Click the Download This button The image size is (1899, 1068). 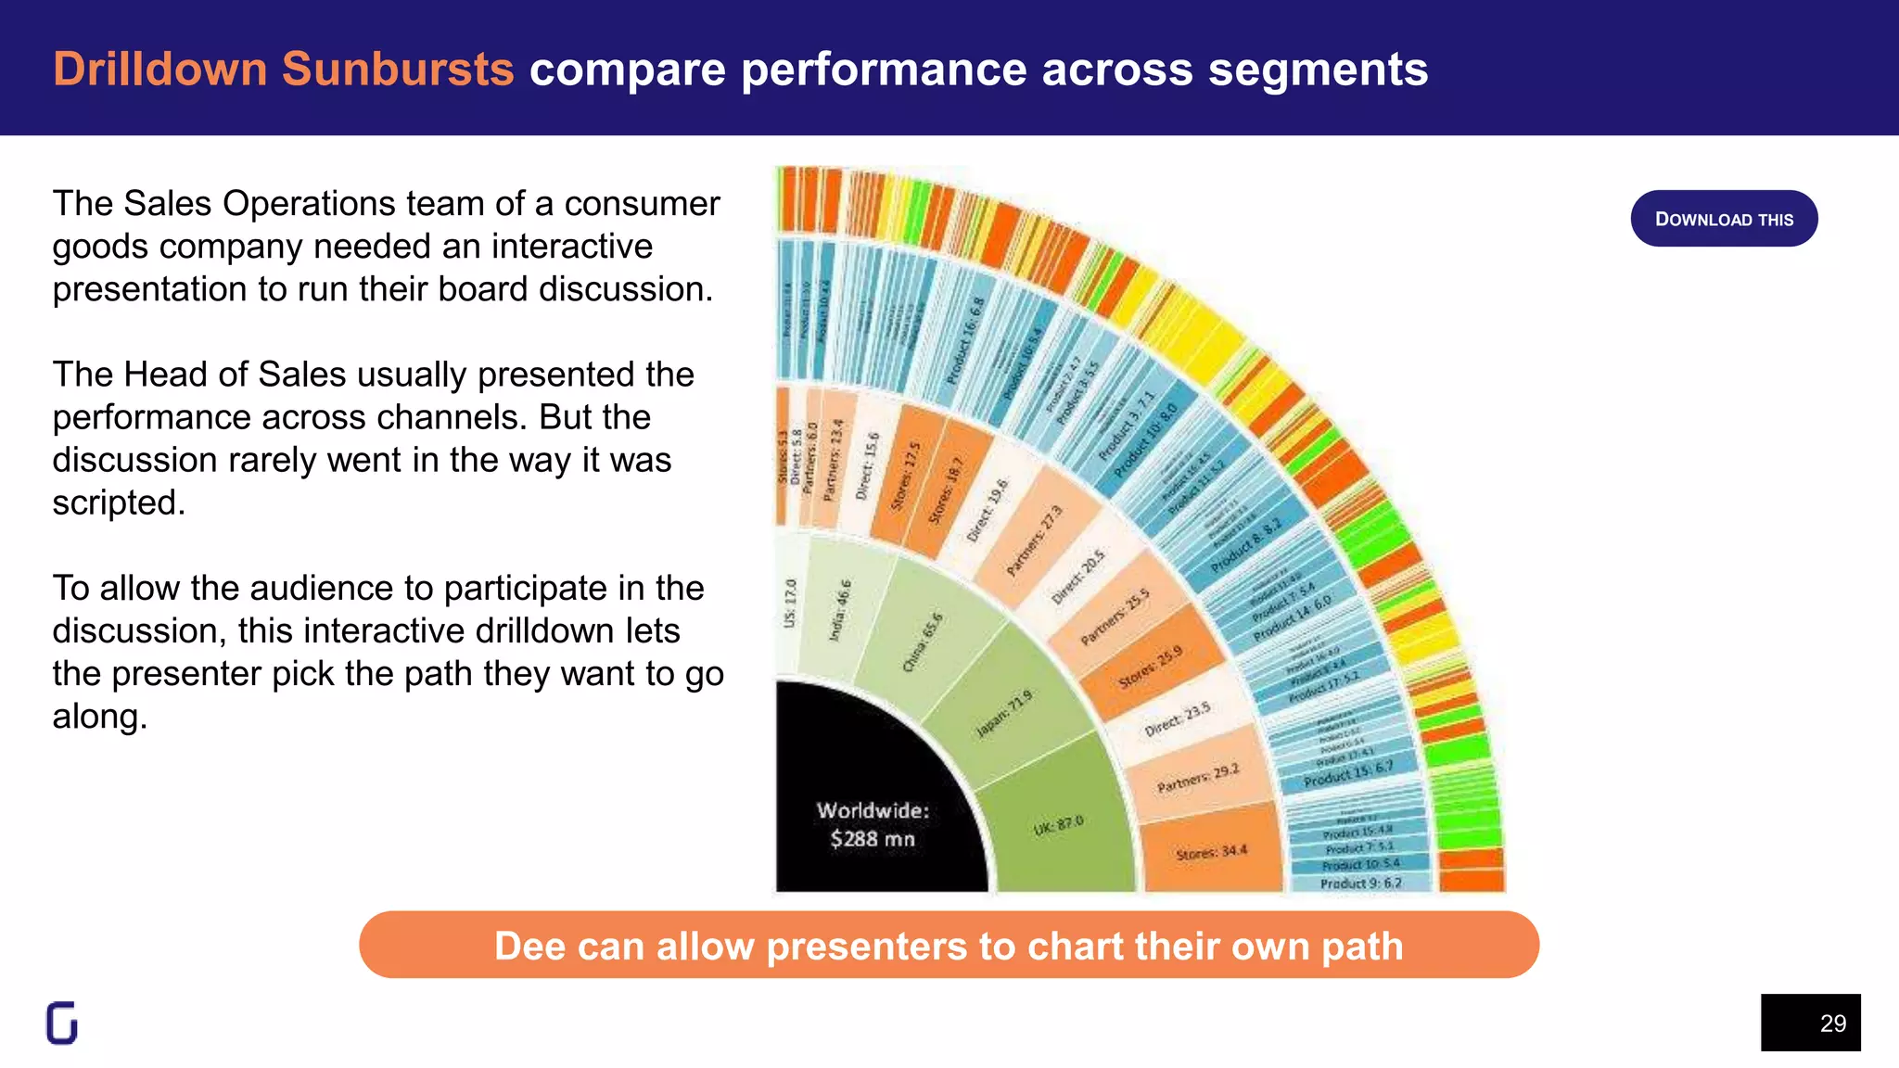[x=1723, y=219]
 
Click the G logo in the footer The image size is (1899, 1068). [x=62, y=1023]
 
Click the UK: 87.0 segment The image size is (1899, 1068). [x=1057, y=825]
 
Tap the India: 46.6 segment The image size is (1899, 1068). [x=840, y=610]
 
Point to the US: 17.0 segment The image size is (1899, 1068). [x=790, y=603]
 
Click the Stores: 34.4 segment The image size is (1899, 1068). [x=1211, y=851]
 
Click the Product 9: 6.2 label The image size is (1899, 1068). [x=1360, y=884]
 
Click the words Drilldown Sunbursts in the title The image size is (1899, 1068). [x=283, y=70]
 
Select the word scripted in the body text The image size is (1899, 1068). [x=117, y=502]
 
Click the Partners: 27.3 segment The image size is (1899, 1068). [x=1034, y=540]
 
